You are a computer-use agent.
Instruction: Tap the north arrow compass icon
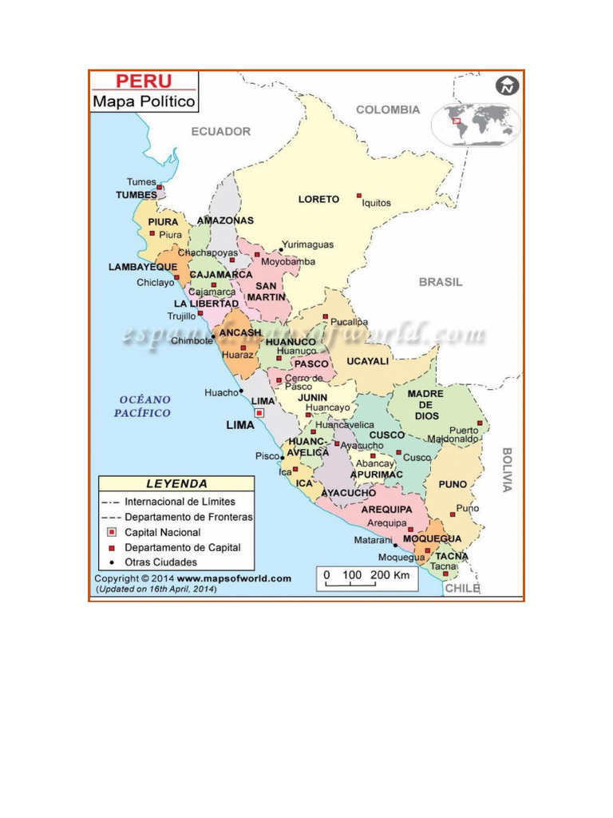point(507,85)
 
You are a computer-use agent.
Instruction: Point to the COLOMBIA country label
point(388,109)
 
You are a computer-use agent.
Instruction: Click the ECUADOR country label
point(220,131)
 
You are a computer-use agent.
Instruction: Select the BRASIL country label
point(441,282)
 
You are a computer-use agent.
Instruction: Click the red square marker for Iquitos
point(359,195)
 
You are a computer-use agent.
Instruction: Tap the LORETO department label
point(318,199)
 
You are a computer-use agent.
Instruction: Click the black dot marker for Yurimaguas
point(280,250)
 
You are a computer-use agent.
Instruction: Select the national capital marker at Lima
point(259,413)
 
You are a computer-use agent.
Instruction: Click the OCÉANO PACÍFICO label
point(143,406)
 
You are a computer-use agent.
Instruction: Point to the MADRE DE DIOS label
point(426,405)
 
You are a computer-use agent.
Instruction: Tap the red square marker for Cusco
point(399,453)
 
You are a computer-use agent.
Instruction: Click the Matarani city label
point(372,541)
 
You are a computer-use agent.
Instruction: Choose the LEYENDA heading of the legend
point(176,483)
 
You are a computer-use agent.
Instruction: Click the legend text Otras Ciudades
point(161,562)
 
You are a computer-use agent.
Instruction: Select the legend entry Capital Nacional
point(163,532)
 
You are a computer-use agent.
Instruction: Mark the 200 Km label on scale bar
point(390,575)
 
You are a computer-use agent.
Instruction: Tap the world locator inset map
point(477,124)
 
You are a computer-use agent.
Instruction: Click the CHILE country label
point(462,589)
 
